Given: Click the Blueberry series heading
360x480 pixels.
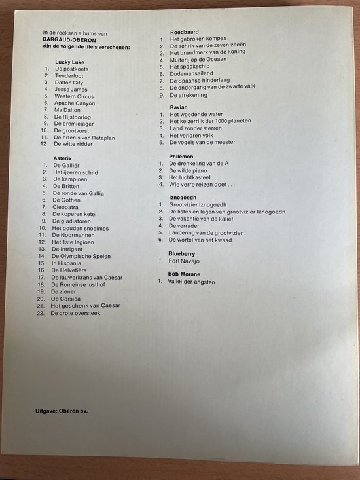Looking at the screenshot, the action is click(x=183, y=251).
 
